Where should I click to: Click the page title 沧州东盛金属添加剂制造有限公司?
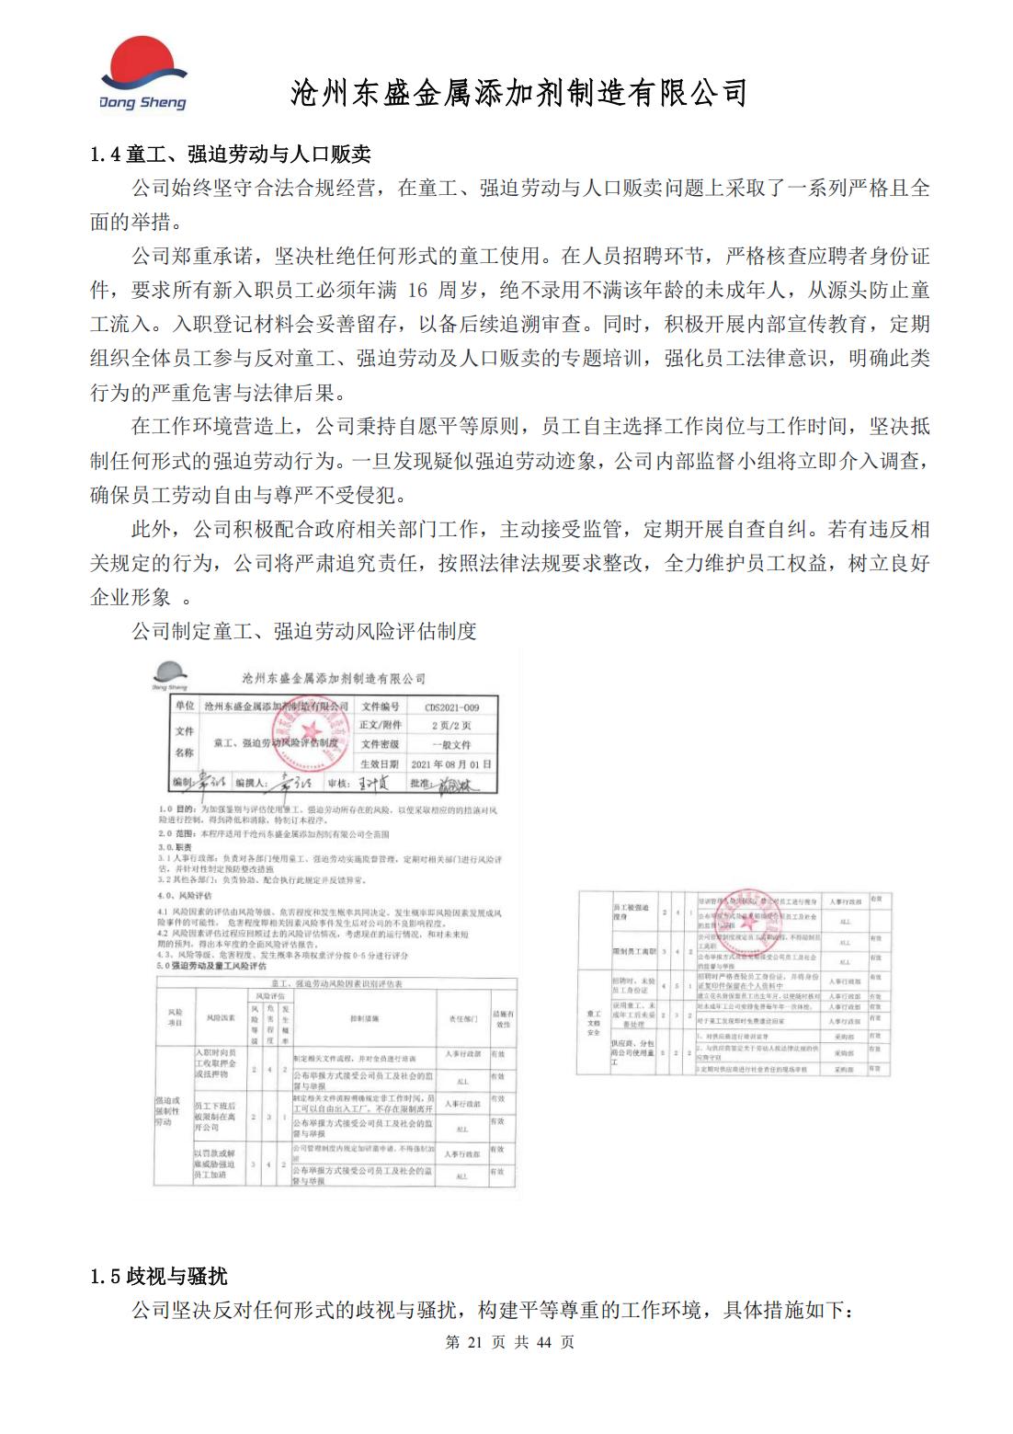(518, 93)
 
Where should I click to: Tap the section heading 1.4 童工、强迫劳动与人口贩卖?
(230, 155)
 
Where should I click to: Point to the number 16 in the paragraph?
(416, 291)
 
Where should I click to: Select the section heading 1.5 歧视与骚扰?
(158, 1276)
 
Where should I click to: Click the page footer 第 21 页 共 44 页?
(509, 1342)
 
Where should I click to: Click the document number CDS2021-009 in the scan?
(451, 707)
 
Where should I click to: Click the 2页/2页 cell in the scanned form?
(451, 726)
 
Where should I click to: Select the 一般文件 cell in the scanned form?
(451, 745)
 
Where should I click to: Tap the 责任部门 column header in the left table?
(461, 1018)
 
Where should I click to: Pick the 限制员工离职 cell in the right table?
(633, 951)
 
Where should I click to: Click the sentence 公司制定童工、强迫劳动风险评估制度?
(304, 631)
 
